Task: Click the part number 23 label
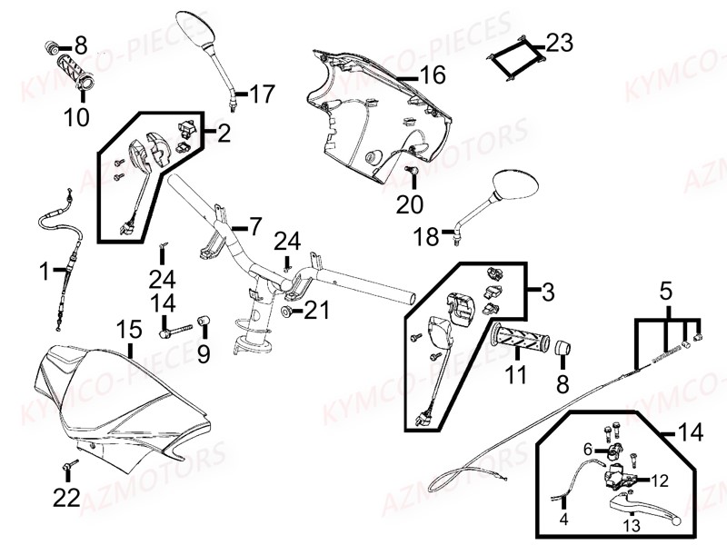click(x=560, y=42)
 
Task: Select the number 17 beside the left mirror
click(x=261, y=94)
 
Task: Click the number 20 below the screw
click(x=410, y=205)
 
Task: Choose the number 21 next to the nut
click(x=315, y=312)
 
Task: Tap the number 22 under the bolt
click(x=67, y=497)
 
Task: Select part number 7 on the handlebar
click(x=254, y=224)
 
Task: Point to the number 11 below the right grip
click(x=515, y=373)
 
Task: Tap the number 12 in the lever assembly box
click(x=661, y=479)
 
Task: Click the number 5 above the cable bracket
click(x=666, y=292)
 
